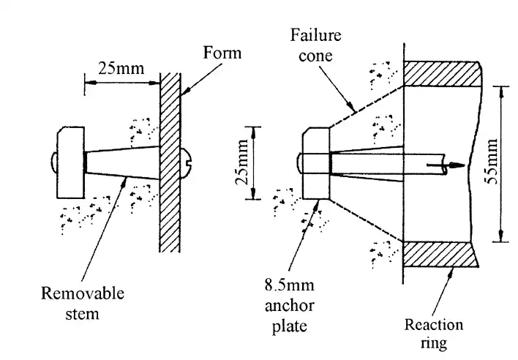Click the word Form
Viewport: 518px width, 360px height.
[x=223, y=53]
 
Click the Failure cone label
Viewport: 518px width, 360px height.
[x=312, y=45]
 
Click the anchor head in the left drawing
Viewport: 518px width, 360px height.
[x=70, y=162]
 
